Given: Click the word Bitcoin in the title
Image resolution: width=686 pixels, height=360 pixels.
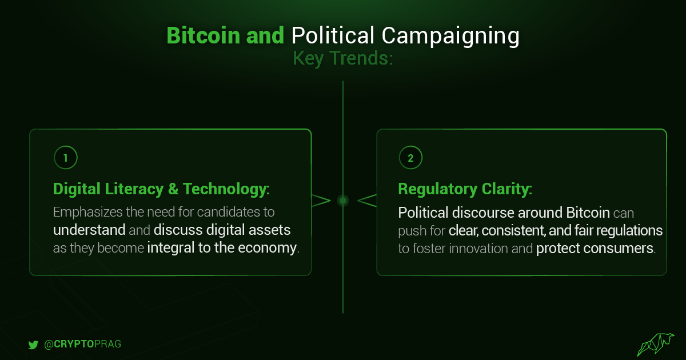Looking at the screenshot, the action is pos(203,35).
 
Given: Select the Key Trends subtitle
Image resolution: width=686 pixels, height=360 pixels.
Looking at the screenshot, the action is pos(342,59).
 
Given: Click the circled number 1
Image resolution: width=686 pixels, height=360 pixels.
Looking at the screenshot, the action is pos(66,158).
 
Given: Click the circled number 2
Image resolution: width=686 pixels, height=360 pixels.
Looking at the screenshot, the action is pos(410,158).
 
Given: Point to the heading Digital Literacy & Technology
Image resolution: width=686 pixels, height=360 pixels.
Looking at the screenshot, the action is pos(161,189).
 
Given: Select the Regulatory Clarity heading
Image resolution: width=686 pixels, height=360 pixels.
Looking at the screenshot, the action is pos(465,189).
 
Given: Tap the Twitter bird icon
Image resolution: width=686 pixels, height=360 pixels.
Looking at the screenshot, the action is pos(33,345).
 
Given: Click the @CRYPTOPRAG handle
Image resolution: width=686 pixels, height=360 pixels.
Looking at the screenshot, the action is pos(83,344).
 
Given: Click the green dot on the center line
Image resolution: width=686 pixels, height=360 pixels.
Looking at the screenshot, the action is pos(343,201).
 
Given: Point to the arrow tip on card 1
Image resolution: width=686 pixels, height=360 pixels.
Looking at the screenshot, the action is pos(330,201).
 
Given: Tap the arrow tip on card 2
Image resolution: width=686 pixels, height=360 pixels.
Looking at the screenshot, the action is pos(358,201).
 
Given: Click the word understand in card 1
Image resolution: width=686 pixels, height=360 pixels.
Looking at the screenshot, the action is pos(89,230).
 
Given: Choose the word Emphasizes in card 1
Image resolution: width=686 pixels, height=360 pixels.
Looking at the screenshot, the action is pos(88,213).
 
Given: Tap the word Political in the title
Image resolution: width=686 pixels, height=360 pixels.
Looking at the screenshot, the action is pos(333,35).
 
